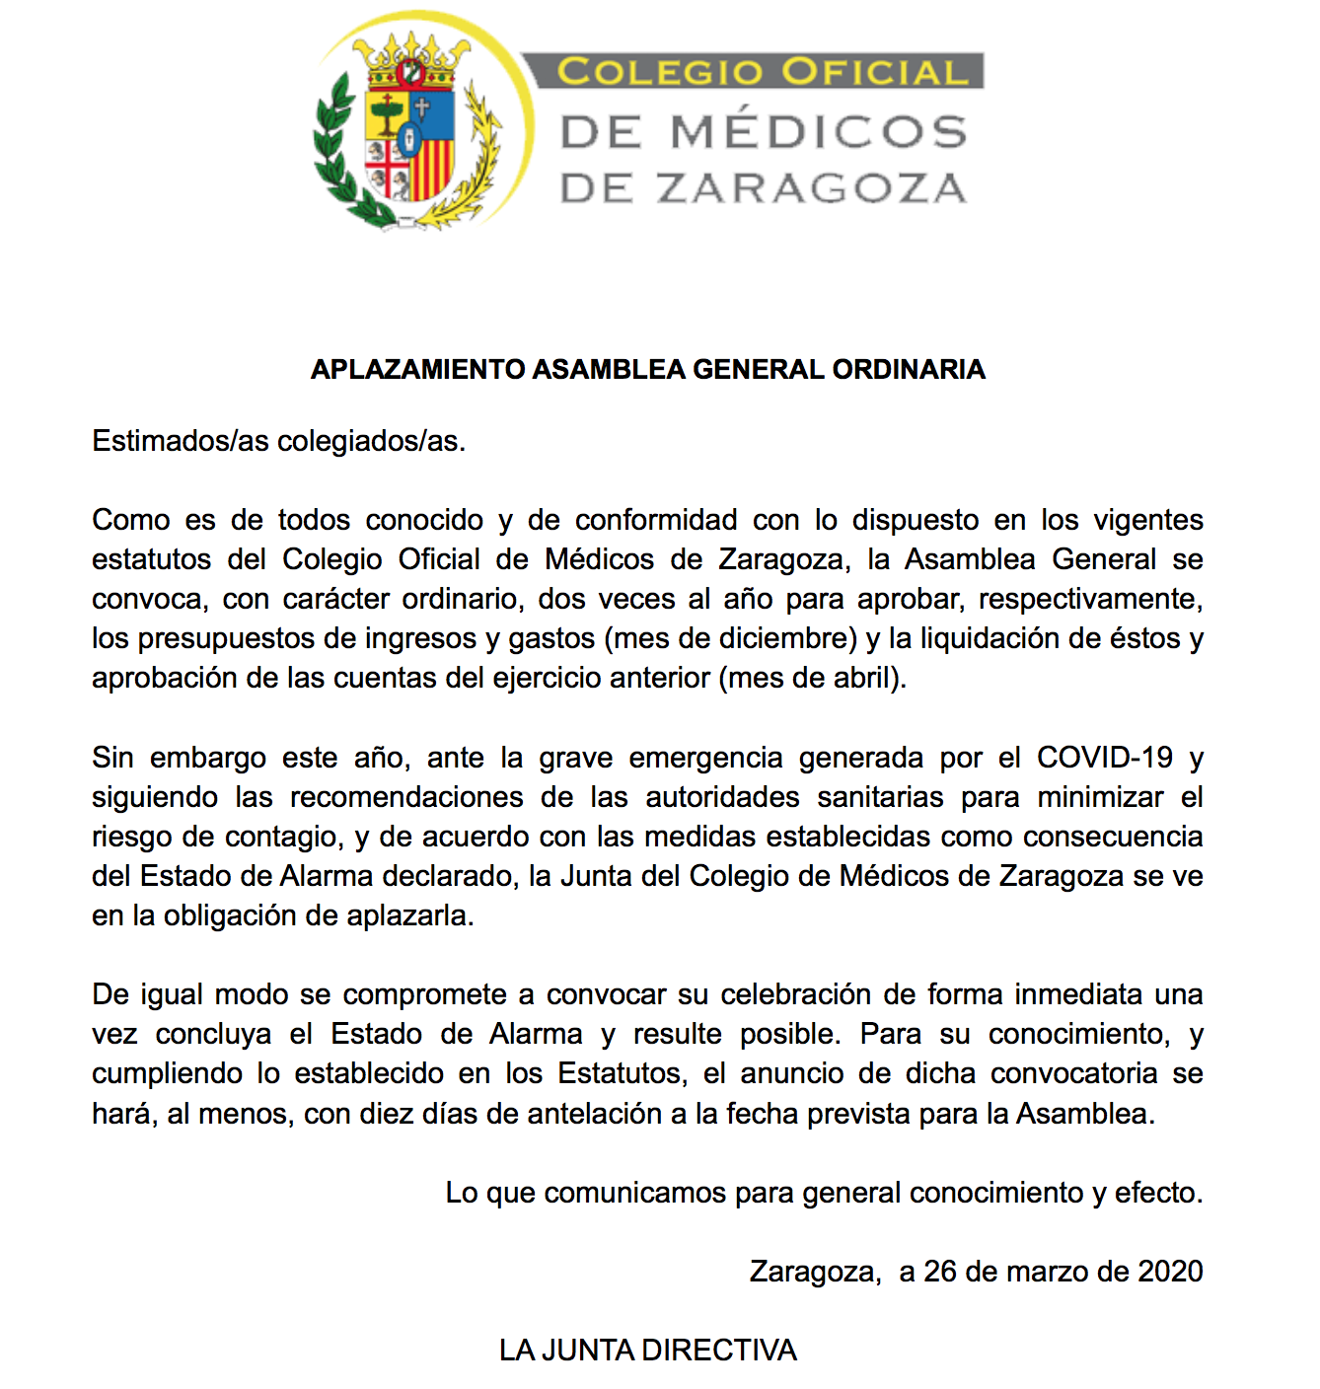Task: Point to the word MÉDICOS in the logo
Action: [x=818, y=132]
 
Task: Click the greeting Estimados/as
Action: [x=181, y=441]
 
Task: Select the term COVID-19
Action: [x=1105, y=758]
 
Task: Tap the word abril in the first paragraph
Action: [x=862, y=679]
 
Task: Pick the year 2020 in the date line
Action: [x=1170, y=1272]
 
